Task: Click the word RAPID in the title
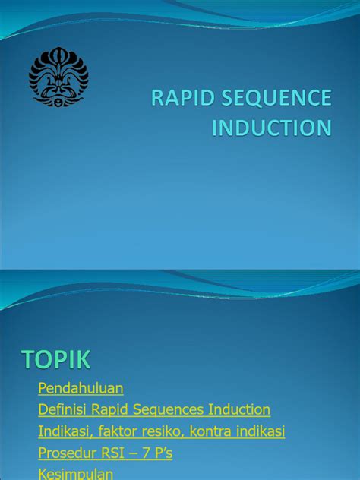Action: click(x=183, y=99)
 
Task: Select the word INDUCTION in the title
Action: click(x=271, y=128)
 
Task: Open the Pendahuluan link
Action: click(x=81, y=388)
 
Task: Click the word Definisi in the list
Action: click(x=62, y=409)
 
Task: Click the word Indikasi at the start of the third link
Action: click(x=64, y=431)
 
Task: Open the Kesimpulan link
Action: click(x=75, y=474)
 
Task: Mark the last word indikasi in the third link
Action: click(x=261, y=431)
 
